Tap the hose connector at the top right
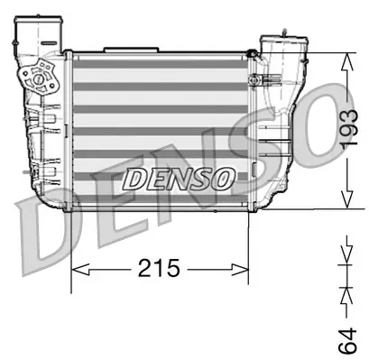277,45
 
